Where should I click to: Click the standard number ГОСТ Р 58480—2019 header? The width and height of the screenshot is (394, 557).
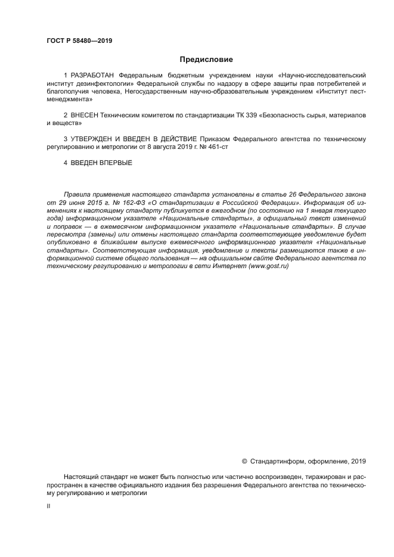coord(79,41)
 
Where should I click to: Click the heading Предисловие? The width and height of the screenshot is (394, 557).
coord(206,60)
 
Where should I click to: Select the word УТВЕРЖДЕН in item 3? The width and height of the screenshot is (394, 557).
coord(95,139)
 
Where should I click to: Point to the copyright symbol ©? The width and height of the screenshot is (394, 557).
coord(244,460)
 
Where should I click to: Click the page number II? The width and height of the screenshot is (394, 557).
coord(48,505)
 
